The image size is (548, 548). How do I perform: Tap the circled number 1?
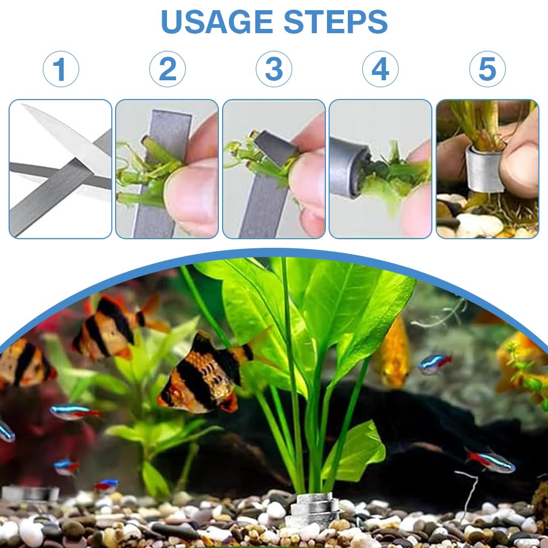60,70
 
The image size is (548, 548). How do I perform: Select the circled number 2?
167,70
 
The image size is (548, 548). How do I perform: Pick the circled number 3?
273,70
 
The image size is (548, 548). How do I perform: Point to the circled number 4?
380,70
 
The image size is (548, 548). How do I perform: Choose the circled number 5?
487,70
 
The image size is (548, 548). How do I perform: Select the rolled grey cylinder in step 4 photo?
348,166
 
